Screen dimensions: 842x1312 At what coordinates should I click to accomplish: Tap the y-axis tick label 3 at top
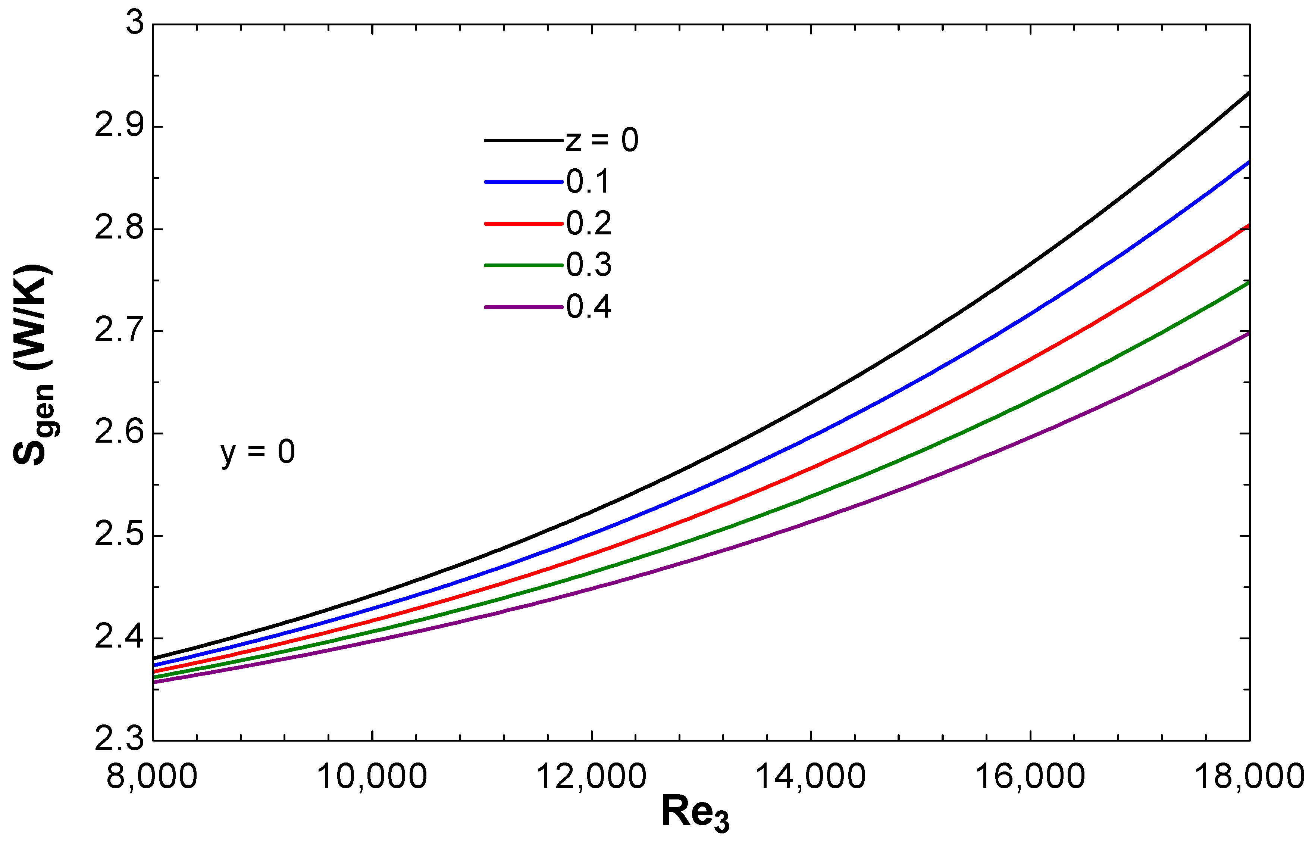tap(134, 25)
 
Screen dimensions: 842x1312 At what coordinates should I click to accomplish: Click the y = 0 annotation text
tap(258, 453)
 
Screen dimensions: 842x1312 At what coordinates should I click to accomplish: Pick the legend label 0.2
tap(589, 224)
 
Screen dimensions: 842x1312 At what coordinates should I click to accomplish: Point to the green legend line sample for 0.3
tap(523, 265)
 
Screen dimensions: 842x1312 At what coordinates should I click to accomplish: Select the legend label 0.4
tap(589, 307)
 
